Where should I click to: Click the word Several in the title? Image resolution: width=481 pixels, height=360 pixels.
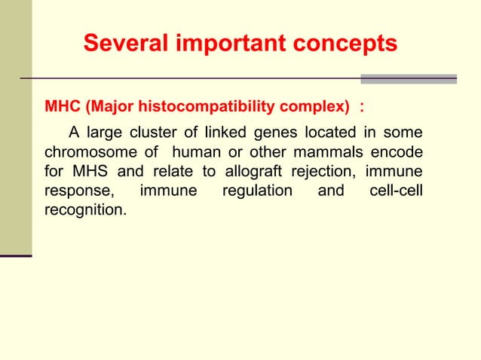coord(127,44)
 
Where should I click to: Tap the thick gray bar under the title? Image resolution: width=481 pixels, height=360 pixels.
coord(409,78)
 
